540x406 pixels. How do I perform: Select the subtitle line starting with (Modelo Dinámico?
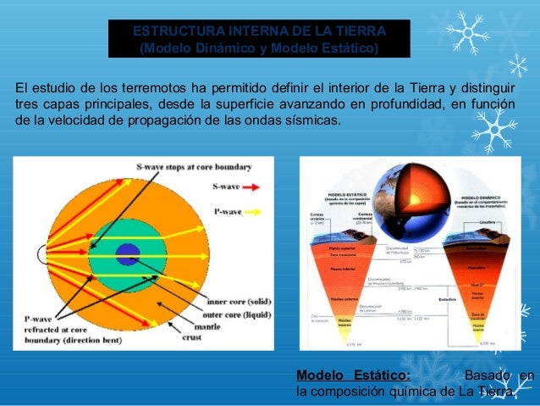pos(259,47)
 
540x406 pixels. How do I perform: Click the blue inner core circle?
pos(127,252)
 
